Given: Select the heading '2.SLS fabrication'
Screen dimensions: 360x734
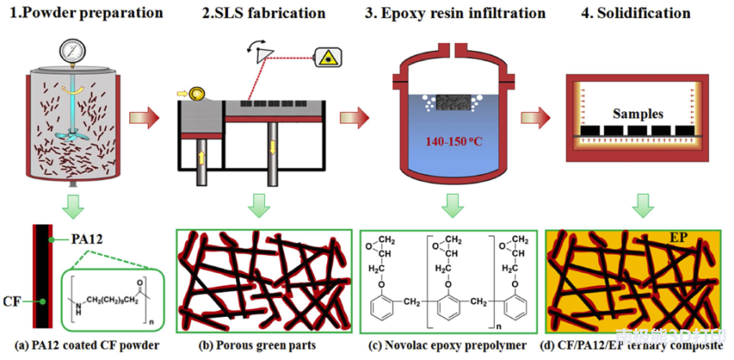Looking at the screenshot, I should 259,13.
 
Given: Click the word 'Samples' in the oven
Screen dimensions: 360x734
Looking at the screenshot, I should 638,113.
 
